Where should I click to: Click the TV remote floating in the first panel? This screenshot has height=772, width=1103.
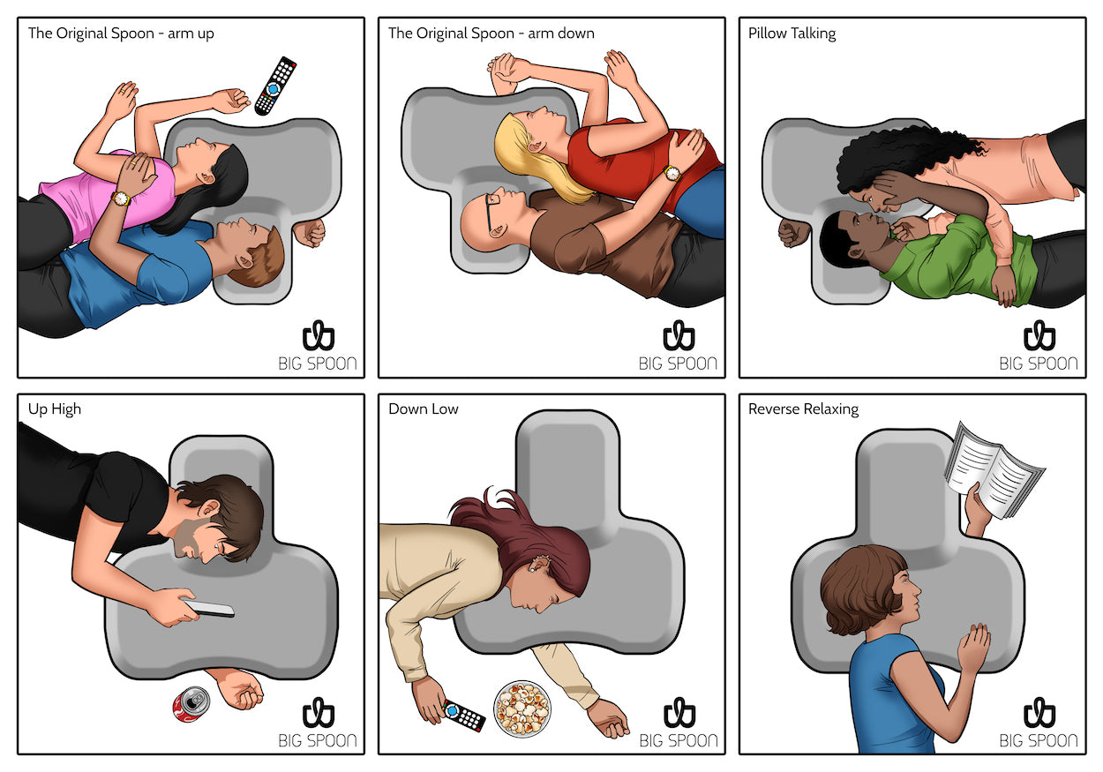click(275, 86)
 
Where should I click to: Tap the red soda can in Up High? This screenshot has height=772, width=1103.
click(191, 704)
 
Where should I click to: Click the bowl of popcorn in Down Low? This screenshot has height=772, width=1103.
click(522, 708)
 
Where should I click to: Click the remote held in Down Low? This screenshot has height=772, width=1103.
click(463, 715)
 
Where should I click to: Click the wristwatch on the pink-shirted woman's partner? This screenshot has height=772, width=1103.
click(121, 198)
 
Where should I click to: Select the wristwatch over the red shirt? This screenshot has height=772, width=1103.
click(672, 173)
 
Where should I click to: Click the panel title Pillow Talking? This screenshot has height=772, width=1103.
click(792, 34)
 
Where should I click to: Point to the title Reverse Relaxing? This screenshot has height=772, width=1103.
click(803, 409)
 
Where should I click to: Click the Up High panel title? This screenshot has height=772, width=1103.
click(54, 409)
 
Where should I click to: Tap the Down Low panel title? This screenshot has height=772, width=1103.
click(423, 408)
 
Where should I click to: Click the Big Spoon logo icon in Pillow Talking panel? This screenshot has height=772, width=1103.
click(1039, 335)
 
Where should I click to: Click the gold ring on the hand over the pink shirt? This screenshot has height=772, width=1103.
click(133, 162)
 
